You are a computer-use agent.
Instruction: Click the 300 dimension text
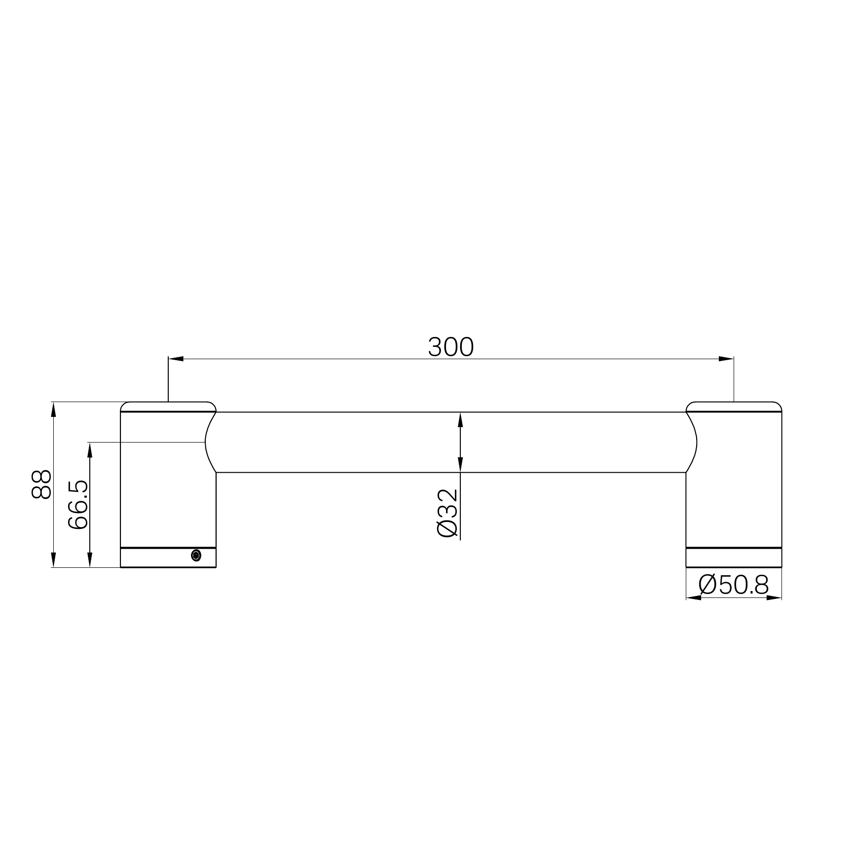coord(450,347)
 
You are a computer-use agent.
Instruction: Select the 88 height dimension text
coord(41,484)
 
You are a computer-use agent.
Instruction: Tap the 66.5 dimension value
coord(78,505)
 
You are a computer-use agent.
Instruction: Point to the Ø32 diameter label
coord(448,513)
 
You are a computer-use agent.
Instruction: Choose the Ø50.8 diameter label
coord(734,586)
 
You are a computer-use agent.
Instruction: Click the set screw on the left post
coord(196,556)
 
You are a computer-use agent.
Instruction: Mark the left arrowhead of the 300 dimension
coord(175,359)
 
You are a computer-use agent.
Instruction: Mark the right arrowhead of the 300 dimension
coord(726,359)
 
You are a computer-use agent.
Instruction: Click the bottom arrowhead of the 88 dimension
coord(53,560)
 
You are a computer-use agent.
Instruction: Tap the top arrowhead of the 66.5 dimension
coord(90,449)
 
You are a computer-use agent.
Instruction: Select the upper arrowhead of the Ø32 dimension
coord(460,419)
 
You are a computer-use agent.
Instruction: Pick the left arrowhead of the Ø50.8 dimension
coord(693,598)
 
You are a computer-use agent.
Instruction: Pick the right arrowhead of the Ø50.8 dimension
coord(775,598)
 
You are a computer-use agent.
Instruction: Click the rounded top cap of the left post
coord(168,406)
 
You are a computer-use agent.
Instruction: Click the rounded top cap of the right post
coord(734,406)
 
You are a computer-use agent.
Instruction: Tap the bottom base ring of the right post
coord(734,558)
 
